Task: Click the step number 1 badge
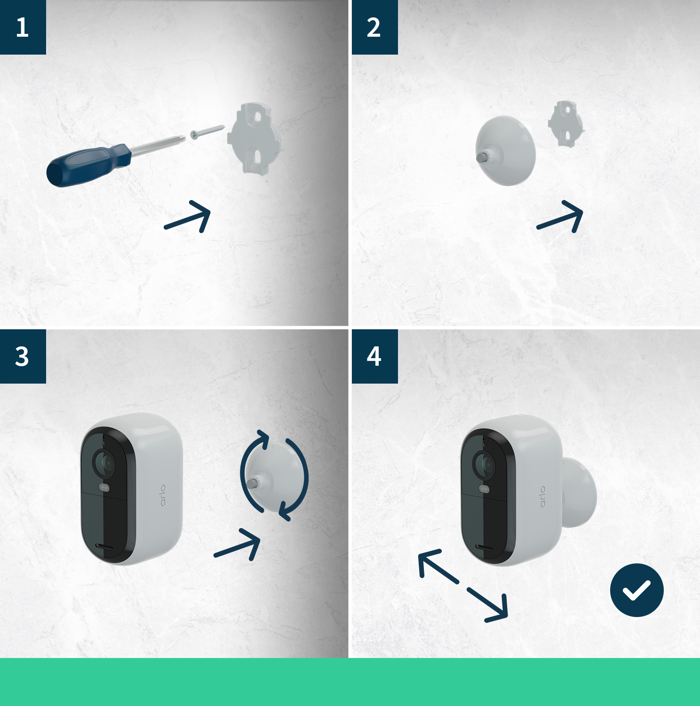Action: click(23, 27)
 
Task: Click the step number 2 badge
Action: click(374, 27)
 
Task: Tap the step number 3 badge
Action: click(23, 356)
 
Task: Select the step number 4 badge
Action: click(374, 356)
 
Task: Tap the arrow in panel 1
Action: click(188, 217)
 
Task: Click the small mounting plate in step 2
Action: click(566, 124)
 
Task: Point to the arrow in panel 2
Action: click(561, 217)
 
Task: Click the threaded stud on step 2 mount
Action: click(482, 157)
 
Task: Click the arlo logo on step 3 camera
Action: click(163, 495)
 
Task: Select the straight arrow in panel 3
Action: click(238, 545)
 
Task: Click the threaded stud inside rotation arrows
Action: click(252, 483)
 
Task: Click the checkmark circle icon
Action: click(636, 590)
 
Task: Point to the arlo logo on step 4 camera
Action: click(542, 497)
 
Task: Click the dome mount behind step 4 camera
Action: click(581, 492)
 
